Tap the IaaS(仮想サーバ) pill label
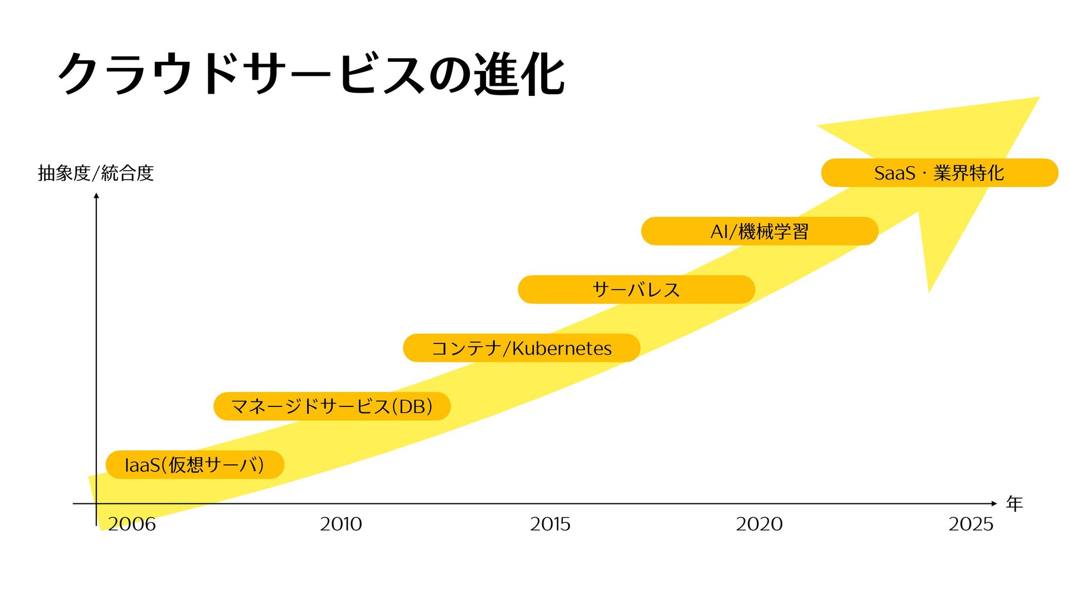(194, 464)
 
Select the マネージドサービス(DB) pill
(332, 406)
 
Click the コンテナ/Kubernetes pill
(521, 348)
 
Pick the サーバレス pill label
(636, 289)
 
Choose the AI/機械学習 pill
(759, 231)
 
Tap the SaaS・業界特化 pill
(939, 173)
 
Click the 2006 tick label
(132, 524)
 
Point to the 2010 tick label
(341, 524)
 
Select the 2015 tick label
(550, 524)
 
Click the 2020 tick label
(759, 524)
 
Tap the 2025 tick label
(971, 524)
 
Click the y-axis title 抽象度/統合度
(95, 173)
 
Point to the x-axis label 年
(1014, 504)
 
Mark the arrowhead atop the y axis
(96, 195)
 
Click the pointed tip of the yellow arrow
(1038, 98)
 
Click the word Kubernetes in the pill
(562, 348)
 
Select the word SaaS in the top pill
(894, 173)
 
